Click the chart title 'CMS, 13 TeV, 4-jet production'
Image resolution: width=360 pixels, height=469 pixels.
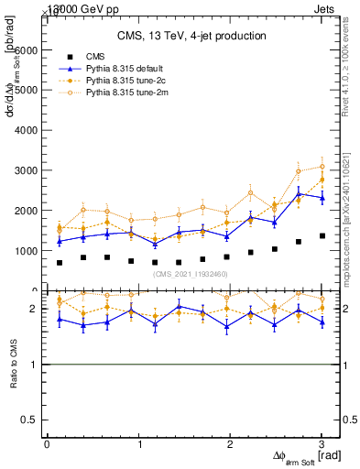tap(191, 36)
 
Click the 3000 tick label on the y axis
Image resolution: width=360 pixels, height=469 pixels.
tap(27, 170)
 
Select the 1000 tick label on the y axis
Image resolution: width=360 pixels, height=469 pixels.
tap(27, 250)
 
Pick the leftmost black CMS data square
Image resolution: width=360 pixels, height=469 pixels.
tap(60, 263)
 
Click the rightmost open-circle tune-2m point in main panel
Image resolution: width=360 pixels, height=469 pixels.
tap(322, 167)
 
